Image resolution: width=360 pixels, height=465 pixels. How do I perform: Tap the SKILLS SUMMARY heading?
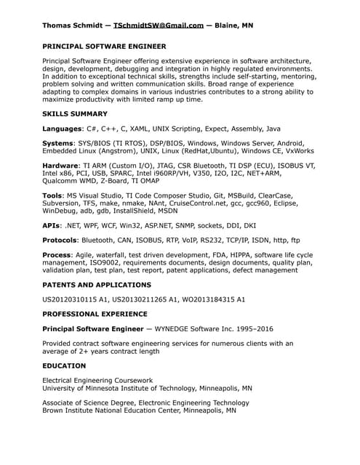(x=75, y=114)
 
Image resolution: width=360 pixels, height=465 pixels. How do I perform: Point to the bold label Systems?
(x=58, y=144)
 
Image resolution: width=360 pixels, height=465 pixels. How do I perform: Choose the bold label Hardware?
(x=60, y=166)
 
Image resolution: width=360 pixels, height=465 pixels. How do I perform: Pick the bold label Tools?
(x=52, y=195)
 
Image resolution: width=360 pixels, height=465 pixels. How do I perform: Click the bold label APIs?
(x=52, y=225)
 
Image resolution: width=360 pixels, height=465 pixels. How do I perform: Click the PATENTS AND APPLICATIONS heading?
(x=97, y=285)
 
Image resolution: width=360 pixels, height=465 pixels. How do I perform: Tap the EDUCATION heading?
(x=64, y=365)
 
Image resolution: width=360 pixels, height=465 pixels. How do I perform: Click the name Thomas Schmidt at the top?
(x=73, y=25)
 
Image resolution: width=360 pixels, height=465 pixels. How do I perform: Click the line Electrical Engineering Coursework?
(x=97, y=380)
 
